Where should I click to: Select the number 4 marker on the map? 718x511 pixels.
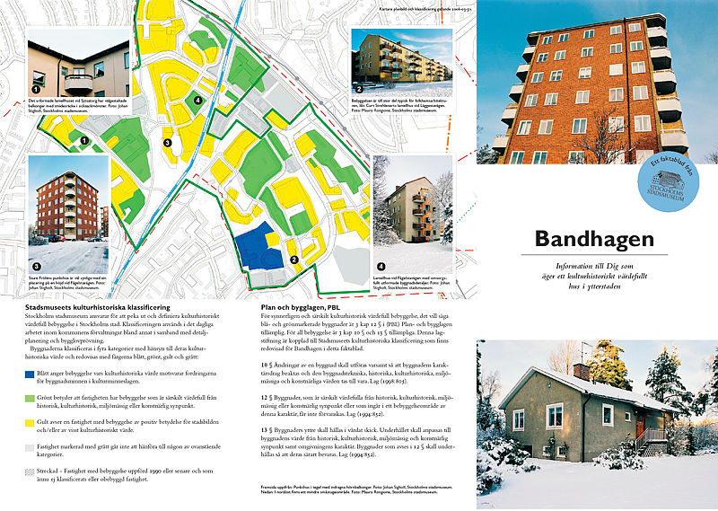197,100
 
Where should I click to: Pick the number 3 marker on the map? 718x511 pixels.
167,143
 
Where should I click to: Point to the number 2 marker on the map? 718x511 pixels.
294,260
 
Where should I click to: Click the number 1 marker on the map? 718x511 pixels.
83,140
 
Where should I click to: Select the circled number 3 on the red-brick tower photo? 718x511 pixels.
36,267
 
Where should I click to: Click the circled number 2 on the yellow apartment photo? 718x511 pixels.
359,88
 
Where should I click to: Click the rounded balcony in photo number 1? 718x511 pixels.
78,81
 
